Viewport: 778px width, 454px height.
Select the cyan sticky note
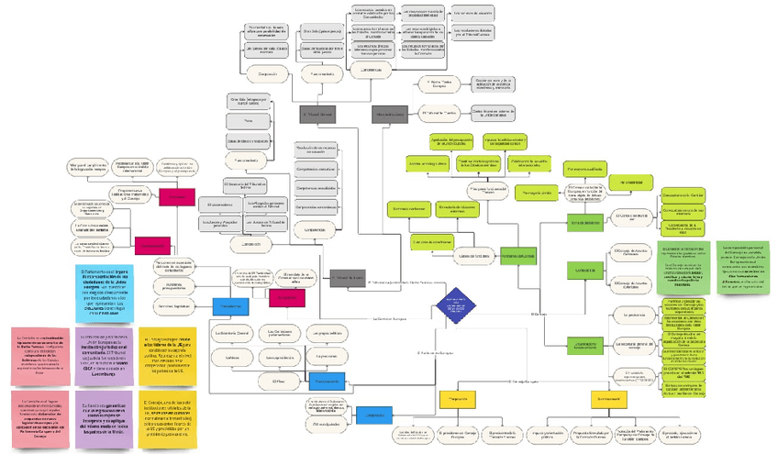[x=104, y=289]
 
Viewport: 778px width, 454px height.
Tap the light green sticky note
[x=744, y=267]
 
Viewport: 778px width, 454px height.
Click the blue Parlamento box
[x=231, y=305]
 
